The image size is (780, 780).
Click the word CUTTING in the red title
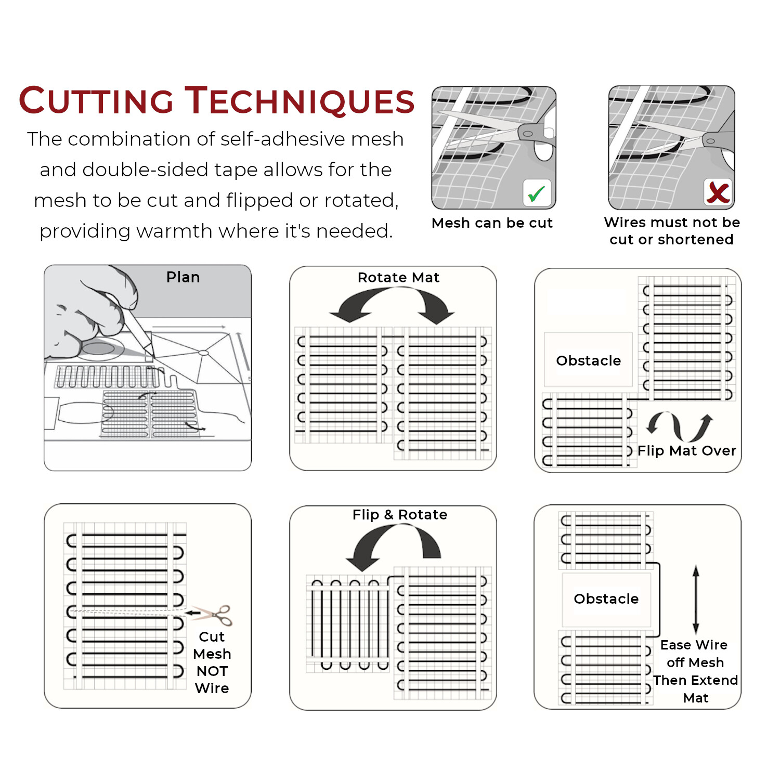[x=96, y=100]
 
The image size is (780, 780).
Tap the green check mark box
[x=537, y=193]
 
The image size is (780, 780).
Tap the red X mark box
[x=718, y=192]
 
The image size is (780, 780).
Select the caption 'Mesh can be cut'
[x=492, y=223]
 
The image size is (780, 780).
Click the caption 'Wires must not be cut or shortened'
[x=672, y=231]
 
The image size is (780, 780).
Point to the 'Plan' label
[x=183, y=277]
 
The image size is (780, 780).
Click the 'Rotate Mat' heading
[x=398, y=278]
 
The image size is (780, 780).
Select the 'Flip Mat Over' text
[x=687, y=451]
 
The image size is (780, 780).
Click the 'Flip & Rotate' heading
[x=400, y=515]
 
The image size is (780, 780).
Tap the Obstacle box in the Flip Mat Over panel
[x=588, y=360]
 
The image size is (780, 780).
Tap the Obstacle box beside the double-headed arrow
[x=606, y=599]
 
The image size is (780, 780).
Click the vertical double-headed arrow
[x=696, y=599]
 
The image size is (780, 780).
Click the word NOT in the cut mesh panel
[x=212, y=671]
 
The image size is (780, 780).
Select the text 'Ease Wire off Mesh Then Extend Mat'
[x=695, y=671]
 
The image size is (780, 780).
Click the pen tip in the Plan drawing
[x=149, y=354]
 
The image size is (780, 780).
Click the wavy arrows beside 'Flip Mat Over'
[x=679, y=425]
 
